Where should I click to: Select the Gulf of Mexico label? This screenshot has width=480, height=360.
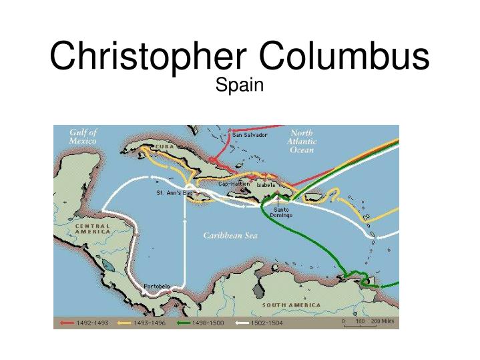click(x=83, y=136)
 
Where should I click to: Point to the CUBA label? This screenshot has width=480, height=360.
click(x=166, y=146)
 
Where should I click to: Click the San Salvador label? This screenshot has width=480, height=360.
click(x=250, y=135)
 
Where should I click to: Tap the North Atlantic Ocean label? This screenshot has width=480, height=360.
click(x=302, y=141)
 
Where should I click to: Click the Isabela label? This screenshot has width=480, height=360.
click(x=266, y=184)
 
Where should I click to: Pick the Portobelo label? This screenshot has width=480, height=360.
click(x=157, y=287)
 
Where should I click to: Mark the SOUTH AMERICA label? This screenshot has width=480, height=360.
click(x=291, y=305)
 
